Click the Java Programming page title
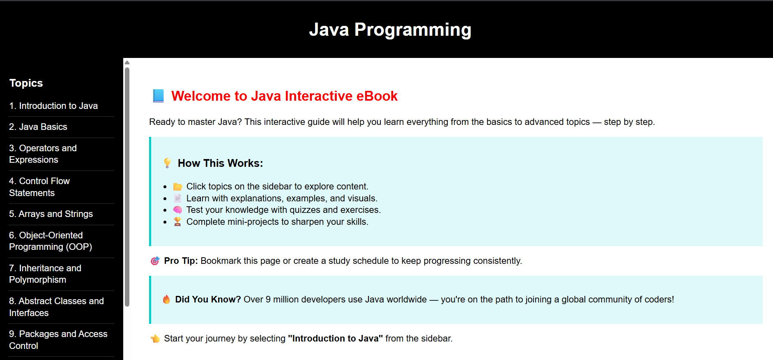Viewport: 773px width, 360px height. (x=390, y=30)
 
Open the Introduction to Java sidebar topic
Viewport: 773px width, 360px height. (x=53, y=106)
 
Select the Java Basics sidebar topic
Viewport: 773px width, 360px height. (x=38, y=127)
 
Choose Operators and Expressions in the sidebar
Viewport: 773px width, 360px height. (x=43, y=154)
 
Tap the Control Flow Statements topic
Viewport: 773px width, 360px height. (x=39, y=187)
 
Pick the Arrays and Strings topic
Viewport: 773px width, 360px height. (x=51, y=214)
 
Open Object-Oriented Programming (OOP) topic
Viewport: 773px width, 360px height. (x=51, y=241)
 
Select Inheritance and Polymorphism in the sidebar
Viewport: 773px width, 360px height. (x=45, y=274)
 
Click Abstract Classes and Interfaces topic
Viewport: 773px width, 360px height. (x=56, y=307)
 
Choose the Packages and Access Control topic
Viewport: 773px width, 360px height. (x=58, y=340)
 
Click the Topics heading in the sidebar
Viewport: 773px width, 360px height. (x=26, y=83)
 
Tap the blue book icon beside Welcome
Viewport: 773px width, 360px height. (x=158, y=96)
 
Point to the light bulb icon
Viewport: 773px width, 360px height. (x=167, y=163)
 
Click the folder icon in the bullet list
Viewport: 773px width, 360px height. (x=177, y=187)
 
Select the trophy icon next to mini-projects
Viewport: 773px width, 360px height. (x=177, y=222)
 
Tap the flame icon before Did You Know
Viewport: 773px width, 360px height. (x=166, y=299)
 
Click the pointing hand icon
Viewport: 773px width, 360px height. (x=155, y=339)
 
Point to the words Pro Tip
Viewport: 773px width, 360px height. (x=181, y=261)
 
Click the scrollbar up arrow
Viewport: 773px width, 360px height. (x=127, y=62)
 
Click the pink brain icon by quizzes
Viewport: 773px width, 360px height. (x=177, y=210)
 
